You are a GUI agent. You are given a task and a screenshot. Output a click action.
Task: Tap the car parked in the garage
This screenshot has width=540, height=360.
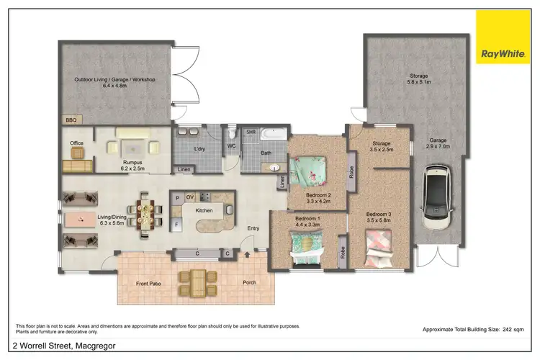[438, 193]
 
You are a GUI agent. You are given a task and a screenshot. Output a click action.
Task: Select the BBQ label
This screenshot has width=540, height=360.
[71, 120]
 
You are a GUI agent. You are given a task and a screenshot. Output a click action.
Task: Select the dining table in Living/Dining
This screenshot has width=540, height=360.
[146, 213]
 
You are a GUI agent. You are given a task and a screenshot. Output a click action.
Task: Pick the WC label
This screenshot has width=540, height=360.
[232, 146]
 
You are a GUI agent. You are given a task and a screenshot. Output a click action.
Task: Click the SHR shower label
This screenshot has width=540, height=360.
[251, 132]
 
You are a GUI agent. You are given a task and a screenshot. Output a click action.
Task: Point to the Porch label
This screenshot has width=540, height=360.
[249, 283]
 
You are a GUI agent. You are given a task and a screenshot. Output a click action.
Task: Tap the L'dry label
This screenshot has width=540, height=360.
[200, 148]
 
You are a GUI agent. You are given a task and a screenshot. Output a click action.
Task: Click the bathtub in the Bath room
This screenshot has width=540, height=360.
[274, 134]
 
